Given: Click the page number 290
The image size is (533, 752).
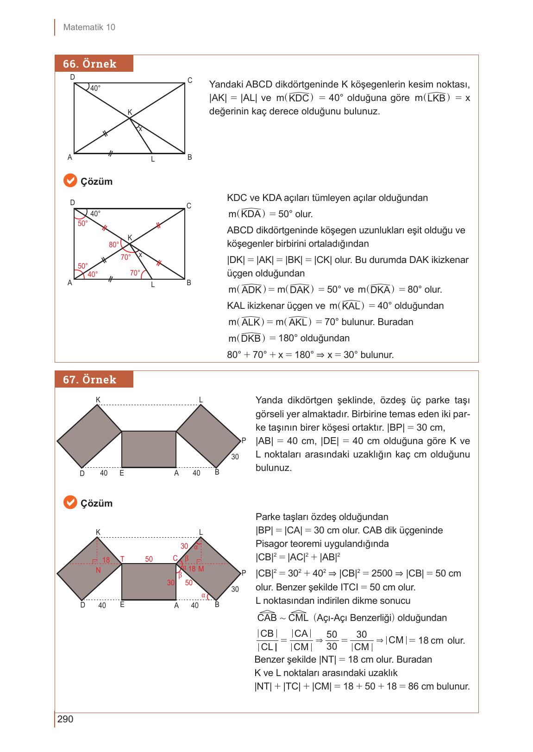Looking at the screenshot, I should click(x=65, y=719).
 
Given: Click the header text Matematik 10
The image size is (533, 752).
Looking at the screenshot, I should click(x=89, y=27).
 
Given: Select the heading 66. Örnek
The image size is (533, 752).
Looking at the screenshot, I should click(x=90, y=64).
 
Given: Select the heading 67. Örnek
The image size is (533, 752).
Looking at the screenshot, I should click(x=90, y=380).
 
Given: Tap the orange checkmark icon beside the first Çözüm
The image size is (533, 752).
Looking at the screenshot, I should click(x=69, y=181).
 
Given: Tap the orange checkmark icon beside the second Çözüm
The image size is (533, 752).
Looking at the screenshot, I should click(x=69, y=502).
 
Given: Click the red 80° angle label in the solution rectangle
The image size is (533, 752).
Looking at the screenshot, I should click(x=114, y=244).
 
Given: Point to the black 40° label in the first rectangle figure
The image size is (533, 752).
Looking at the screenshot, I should click(x=95, y=88).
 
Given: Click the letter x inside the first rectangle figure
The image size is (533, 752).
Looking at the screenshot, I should click(x=141, y=129).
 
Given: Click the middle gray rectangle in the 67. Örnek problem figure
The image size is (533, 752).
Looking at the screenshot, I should click(x=149, y=449).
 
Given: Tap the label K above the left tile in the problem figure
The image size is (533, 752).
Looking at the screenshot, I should click(x=98, y=400).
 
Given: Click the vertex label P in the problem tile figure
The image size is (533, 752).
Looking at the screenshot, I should click(x=244, y=440).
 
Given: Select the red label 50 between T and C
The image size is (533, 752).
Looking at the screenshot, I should click(x=149, y=559).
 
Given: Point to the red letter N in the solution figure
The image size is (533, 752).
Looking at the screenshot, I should click(x=98, y=570).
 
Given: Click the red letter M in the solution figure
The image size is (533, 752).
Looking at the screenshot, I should click(x=201, y=569).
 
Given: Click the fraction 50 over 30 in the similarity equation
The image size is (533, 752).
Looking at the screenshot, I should click(x=332, y=640).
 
